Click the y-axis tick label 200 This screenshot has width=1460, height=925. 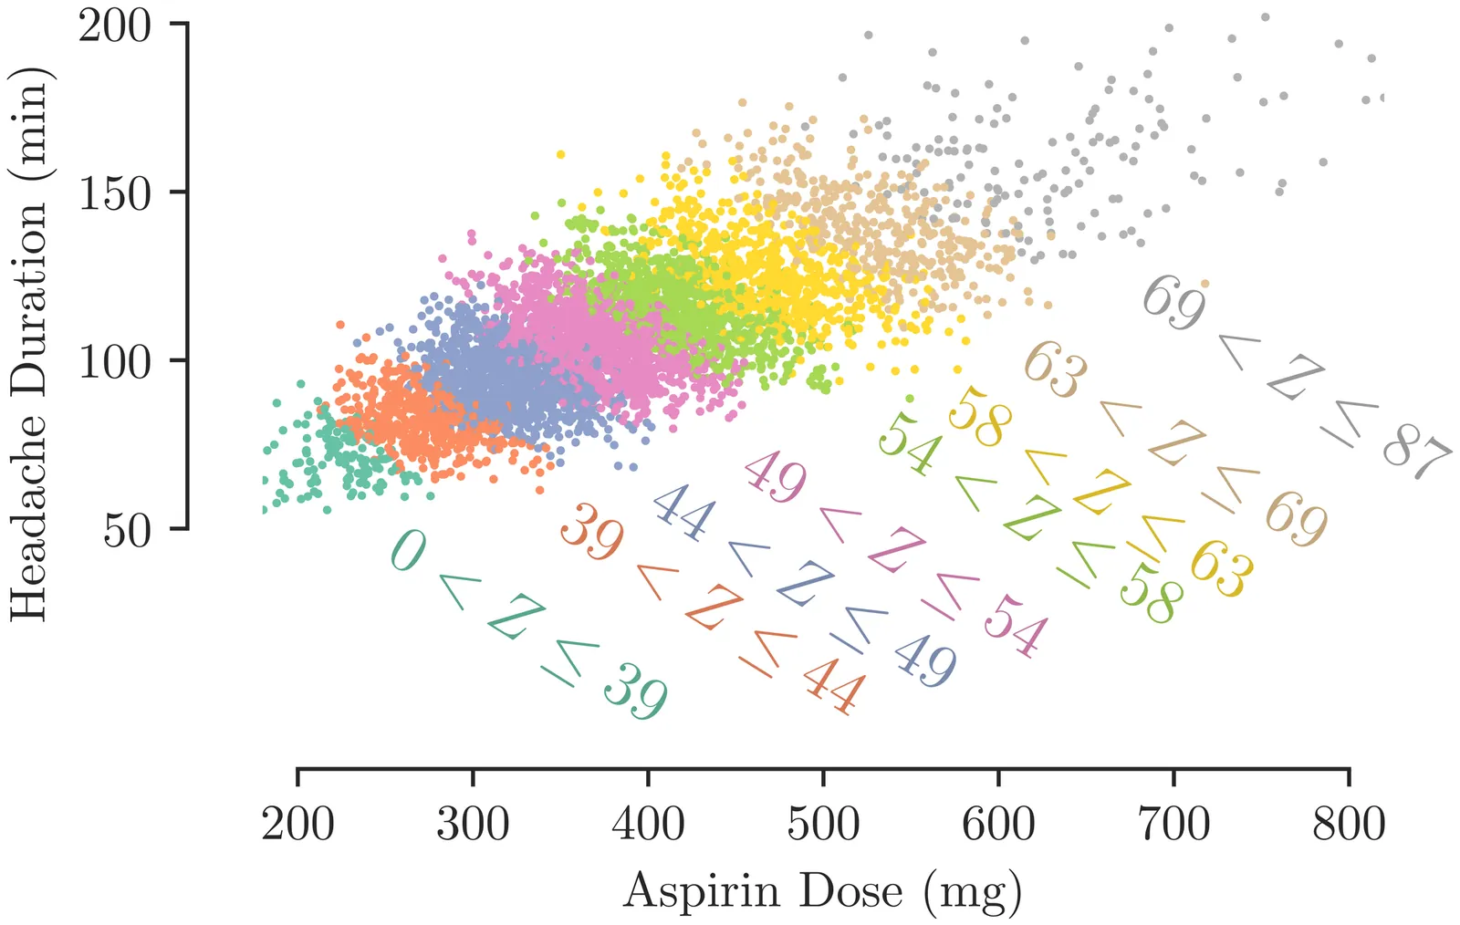[x=114, y=26]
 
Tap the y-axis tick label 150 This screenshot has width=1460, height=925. [x=114, y=193]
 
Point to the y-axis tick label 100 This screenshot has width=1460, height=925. [x=114, y=362]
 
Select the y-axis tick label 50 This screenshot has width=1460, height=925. [x=127, y=530]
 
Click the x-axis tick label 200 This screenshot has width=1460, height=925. [x=297, y=824]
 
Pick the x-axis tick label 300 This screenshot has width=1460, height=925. [x=473, y=824]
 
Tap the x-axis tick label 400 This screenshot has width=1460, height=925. [x=648, y=824]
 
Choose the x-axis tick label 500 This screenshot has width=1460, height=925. [x=823, y=824]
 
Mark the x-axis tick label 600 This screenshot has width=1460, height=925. [x=998, y=824]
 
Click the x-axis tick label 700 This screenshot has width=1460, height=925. [x=1173, y=824]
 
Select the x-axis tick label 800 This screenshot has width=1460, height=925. [x=1349, y=824]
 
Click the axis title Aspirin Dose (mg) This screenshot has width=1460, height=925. [x=822, y=891]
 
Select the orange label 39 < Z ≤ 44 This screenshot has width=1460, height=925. [x=713, y=608]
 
